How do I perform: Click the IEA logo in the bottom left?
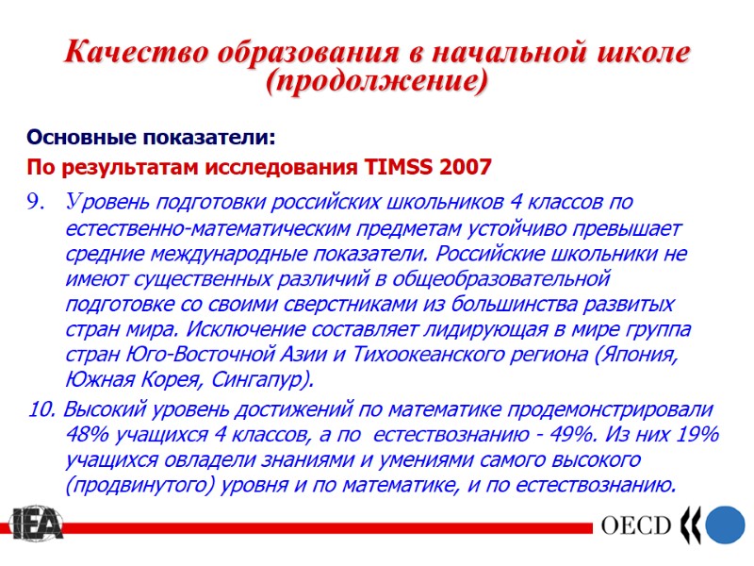(37, 525)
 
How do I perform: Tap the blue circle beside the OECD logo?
(727, 525)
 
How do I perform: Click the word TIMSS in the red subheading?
(400, 168)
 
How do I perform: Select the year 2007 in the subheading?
(465, 168)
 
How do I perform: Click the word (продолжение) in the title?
(377, 82)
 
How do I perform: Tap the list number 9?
(37, 201)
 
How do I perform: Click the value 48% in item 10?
(88, 435)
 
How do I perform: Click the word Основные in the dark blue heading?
(81, 139)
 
